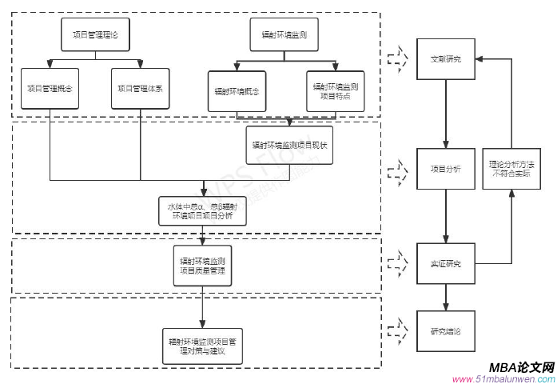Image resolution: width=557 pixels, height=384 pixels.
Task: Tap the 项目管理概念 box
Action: [50, 89]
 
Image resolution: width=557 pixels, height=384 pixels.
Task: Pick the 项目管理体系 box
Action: [137, 89]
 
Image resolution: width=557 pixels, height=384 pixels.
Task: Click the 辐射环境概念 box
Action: [236, 90]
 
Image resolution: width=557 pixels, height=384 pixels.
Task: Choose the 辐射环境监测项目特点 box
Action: [335, 90]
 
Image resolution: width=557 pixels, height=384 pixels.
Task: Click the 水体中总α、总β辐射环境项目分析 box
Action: [201, 212]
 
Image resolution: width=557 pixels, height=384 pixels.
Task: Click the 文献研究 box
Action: [445, 59]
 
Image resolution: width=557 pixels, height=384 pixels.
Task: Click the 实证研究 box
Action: [445, 263]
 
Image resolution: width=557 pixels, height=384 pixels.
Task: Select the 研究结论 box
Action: [445, 330]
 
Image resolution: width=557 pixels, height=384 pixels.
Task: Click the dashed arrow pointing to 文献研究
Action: [397, 58]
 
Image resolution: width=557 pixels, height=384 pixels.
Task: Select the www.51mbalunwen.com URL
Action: [503, 378]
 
